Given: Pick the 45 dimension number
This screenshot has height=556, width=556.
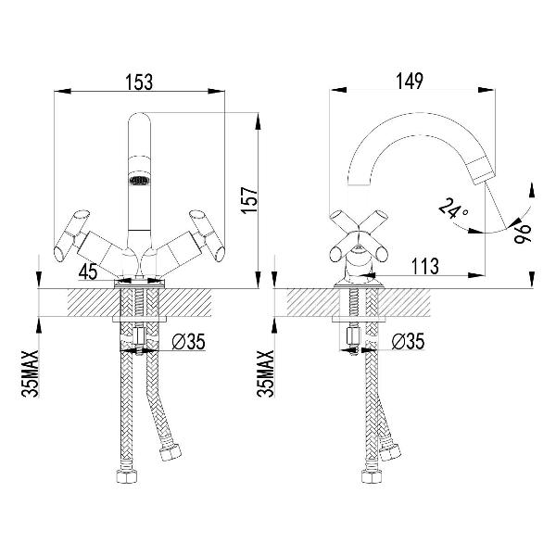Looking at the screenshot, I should point(89,271).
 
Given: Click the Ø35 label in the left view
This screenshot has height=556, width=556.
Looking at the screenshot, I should point(188,344).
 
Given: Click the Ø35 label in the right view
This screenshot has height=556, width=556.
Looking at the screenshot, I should point(409,344).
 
